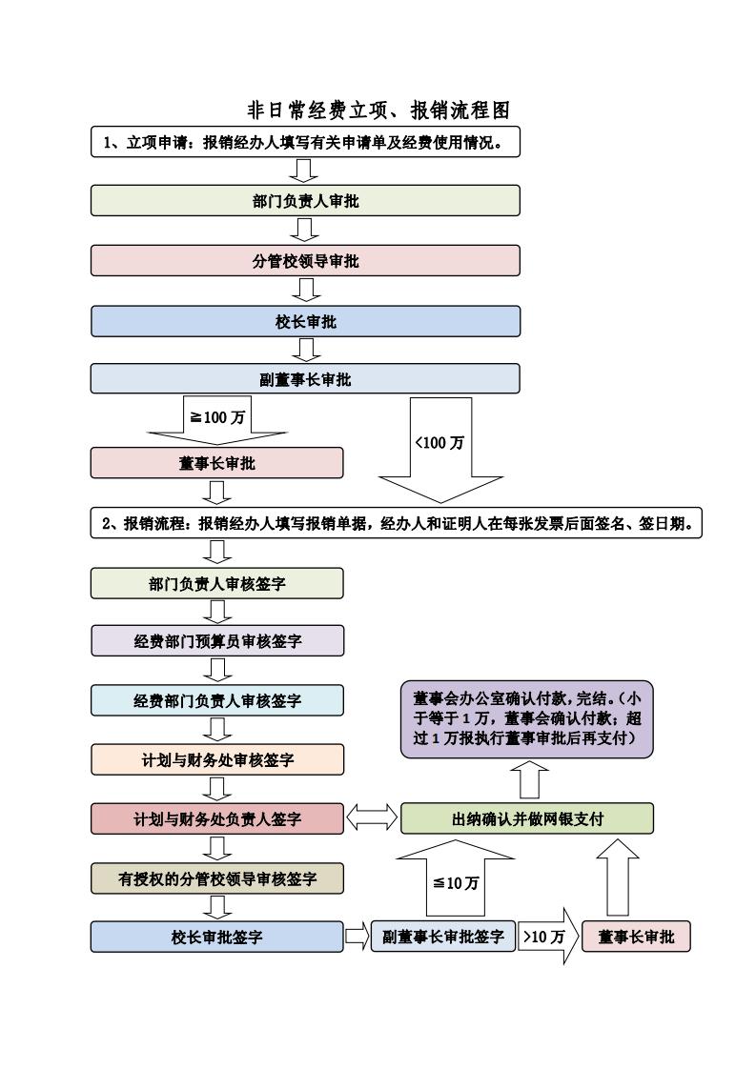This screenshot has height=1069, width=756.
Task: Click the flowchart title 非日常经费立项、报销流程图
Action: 378,110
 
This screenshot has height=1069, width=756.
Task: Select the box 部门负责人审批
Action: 305,200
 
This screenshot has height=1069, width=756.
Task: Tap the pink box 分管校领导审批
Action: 305,260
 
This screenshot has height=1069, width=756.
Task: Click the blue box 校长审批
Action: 305,321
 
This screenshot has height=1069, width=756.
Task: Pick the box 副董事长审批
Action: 305,379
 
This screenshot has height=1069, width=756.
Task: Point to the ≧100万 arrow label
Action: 217,417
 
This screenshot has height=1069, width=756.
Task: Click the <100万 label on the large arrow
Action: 440,442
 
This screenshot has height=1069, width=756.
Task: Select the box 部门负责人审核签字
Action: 217,584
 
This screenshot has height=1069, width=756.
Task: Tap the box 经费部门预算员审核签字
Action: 217,641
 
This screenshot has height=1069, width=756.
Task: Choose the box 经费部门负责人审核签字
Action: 217,700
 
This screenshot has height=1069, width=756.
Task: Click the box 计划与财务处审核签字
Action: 217,759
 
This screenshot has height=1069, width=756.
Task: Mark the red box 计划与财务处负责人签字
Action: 217,818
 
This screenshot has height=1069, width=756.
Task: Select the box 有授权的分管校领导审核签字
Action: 217,878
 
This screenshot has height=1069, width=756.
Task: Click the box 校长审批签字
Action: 217,937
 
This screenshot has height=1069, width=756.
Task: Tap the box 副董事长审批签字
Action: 442,937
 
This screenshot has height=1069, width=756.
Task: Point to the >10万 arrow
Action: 548,936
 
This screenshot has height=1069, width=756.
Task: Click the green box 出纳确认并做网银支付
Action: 527,818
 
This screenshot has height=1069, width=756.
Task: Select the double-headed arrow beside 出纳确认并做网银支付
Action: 372,817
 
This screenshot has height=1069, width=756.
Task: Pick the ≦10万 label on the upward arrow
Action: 456,883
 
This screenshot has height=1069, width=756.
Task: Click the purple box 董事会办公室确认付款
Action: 527,719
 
